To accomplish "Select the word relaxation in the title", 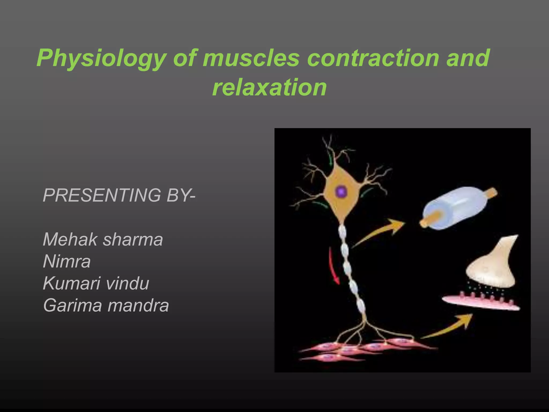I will coord(269,87).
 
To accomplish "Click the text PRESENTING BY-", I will coord(119,195).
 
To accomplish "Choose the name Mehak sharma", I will coord(103,240).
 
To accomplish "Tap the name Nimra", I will coord(67,262).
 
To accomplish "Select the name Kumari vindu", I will coord(96,284).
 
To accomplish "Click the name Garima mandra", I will coord(106,306).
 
